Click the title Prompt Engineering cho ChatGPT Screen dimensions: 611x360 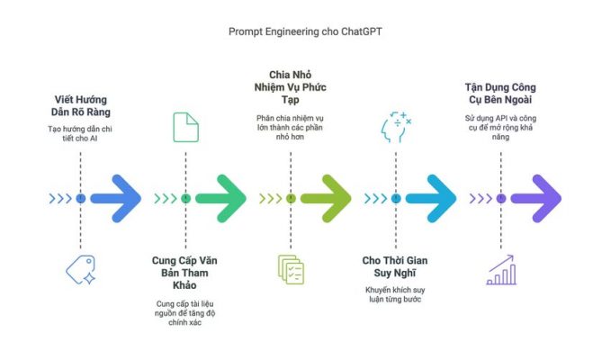point(305,31)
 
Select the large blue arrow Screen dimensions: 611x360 point(116,199)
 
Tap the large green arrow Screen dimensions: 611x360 point(221,199)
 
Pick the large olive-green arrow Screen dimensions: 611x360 point(326,199)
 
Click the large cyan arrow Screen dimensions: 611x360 point(431,199)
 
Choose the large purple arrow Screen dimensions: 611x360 point(536,199)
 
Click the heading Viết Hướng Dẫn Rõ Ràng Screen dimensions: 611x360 point(81,106)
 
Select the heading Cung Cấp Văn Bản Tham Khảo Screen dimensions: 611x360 point(184,273)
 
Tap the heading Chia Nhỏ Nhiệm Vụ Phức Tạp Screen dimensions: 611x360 point(291,87)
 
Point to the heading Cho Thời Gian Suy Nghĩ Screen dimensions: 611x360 point(395,266)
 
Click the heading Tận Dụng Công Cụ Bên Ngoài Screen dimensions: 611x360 point(500,94)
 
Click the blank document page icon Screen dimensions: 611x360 point(186,128)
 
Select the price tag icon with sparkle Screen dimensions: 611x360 point(81,270)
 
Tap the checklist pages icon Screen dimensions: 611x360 point(291,270)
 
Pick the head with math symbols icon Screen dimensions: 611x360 point(396,127)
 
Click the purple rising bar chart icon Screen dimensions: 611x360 point(501,270)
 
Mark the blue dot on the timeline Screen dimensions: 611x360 point(81,199)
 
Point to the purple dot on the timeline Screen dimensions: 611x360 point(501,199)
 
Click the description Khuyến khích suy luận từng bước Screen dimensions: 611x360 point(395,294)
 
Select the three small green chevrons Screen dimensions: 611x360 point(166,199)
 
